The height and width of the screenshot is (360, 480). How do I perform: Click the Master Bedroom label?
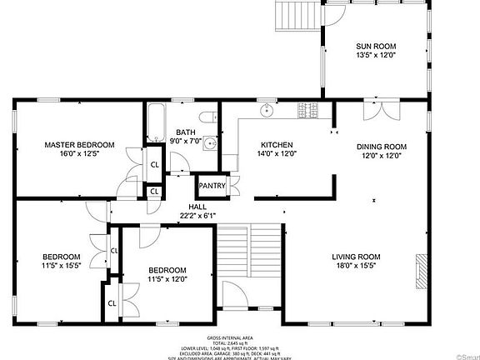click(79, 144)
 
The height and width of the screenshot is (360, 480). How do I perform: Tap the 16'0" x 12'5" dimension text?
click(79, 154)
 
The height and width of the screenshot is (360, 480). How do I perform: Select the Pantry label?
click(211, 186)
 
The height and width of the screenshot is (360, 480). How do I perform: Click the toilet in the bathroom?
click(212, 117)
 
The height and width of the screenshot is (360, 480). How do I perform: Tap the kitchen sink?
click(267, 109)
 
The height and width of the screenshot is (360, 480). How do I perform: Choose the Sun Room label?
click(375, 46)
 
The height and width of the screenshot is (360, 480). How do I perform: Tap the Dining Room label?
click(381, 146)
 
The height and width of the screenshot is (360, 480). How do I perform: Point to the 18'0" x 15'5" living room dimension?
click(356, 267)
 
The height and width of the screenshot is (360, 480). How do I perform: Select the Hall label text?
click(197, 207)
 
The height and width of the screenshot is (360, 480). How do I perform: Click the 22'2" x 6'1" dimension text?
click(197, 216)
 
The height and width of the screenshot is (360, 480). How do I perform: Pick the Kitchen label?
click(276, 144)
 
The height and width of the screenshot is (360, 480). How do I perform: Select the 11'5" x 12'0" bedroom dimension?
click(167, 280)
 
